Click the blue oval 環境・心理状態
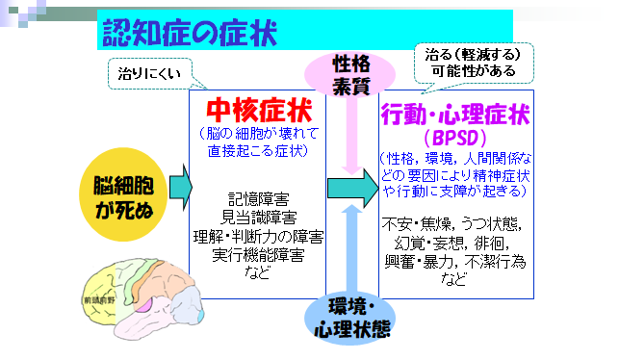(353, 319)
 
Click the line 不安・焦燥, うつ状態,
(454, 223)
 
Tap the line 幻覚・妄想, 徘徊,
(454, 243)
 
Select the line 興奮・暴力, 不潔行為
(454, 261)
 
